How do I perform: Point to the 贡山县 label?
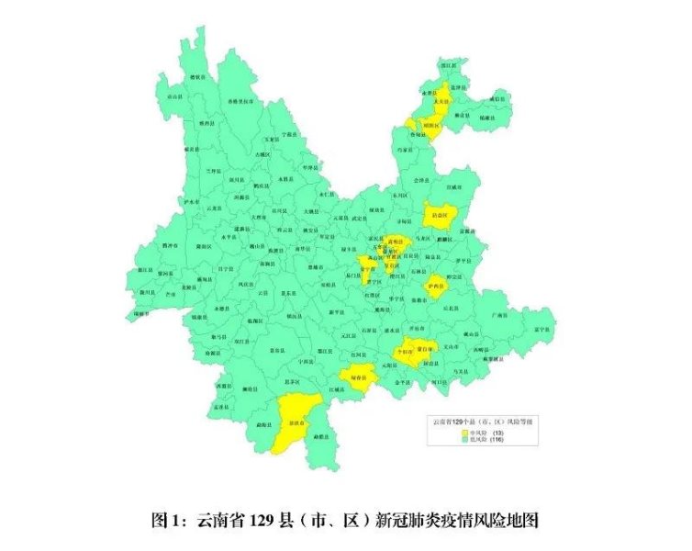click(x=173, y=96)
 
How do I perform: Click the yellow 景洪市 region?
click(x=295, y=423)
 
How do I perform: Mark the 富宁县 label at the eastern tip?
click(x=541, y=329)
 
